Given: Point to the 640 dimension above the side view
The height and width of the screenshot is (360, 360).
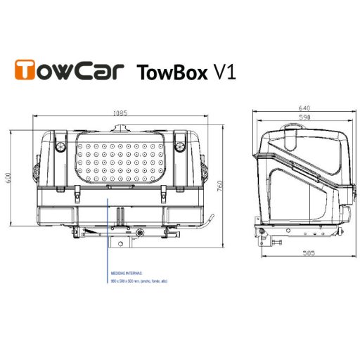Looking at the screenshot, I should [x=304, y=107].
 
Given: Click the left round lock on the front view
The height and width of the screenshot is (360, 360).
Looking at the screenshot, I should [x=59, y=148].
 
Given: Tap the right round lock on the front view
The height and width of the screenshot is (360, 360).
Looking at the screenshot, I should [x=179, y=148].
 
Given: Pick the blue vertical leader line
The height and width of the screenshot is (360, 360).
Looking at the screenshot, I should [x=108, y=232].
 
